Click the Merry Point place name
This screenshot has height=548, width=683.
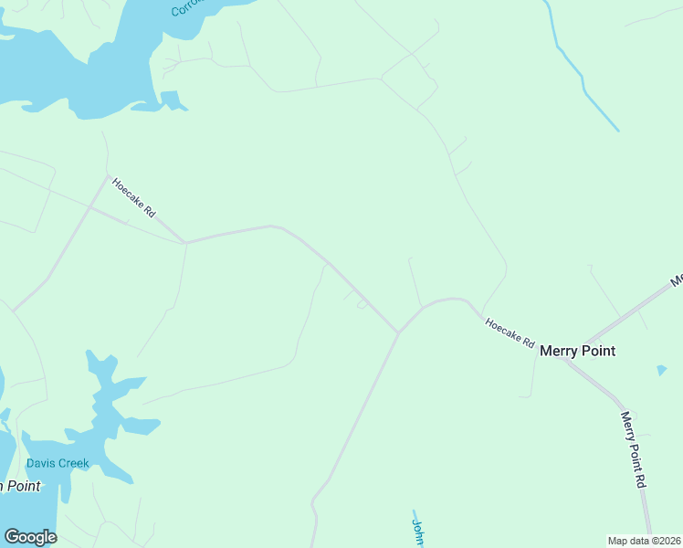577,351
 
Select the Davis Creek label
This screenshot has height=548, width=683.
58,463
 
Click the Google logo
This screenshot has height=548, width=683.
30,537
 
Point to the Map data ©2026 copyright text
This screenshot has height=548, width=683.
645,541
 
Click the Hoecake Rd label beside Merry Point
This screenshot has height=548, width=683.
510,332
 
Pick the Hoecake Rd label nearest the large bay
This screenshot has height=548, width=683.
134,197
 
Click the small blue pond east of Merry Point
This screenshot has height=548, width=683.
661,370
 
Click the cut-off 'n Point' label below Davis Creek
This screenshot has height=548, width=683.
19,486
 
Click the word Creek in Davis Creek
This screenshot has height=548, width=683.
73,463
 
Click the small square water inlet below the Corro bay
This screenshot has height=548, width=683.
171,99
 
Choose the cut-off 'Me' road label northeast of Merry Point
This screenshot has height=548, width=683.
676,280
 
